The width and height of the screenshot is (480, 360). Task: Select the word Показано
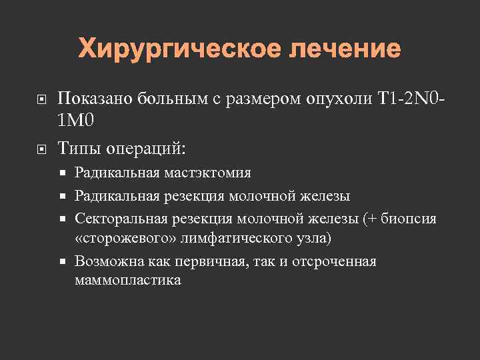point(95,99)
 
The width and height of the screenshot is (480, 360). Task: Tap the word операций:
point(145,147)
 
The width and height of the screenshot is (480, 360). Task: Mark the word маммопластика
point(127,280)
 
